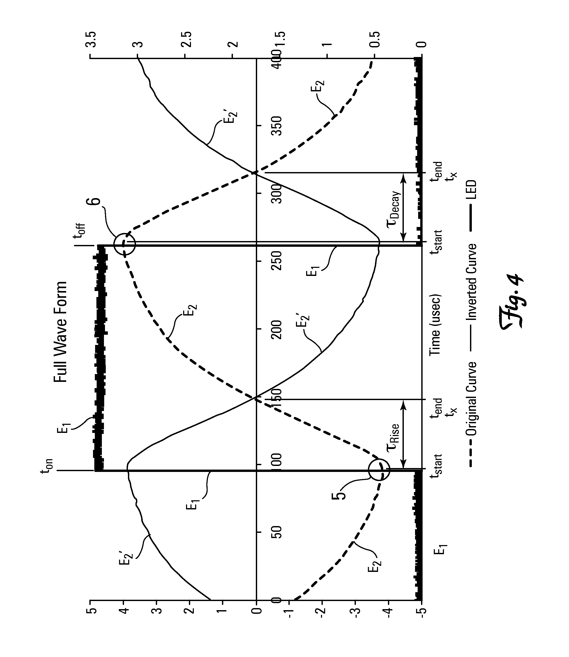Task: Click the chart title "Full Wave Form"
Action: [x=60, y=332]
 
